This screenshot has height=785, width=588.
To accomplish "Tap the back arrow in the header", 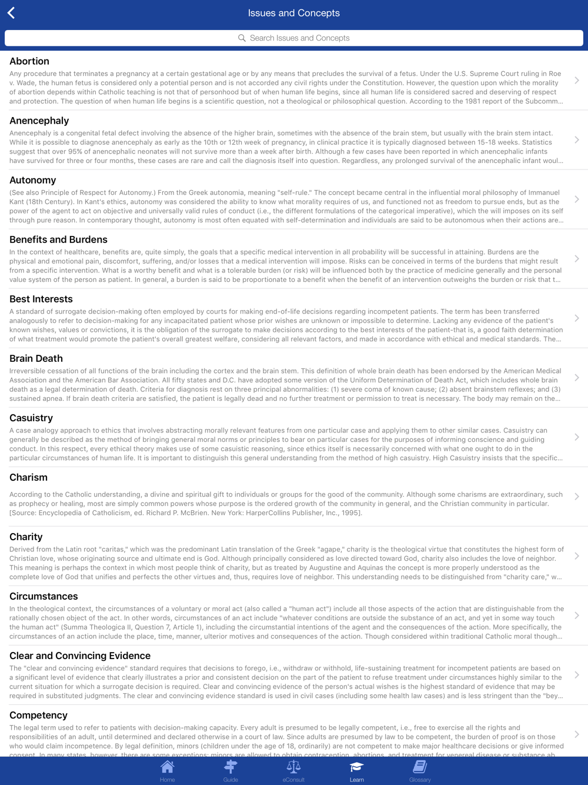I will (x=11, y=13).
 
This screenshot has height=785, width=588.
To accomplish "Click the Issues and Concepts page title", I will (x=294, y=13).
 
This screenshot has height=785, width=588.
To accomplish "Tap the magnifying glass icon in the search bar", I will (x=242, y=38).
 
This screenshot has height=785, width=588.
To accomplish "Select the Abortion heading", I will (x=29, y=61).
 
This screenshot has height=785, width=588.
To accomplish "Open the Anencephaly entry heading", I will (x=39, y=121).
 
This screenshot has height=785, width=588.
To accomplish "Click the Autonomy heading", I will (x=33, y=180).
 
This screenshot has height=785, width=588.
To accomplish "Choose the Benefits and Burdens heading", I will (x=58, y=240).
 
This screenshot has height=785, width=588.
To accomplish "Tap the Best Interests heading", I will (x=41, y=299).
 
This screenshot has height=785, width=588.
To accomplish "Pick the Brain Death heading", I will (x=36, y=358).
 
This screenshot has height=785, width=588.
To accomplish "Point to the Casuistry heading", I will (x=31, y=418).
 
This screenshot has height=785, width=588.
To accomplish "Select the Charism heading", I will (x=28, y=477).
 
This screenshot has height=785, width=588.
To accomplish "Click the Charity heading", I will (x=26, y=537).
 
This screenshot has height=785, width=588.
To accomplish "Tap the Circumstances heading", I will (x=44, y=596).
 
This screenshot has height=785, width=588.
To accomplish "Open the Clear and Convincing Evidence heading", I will (x=80, y=656).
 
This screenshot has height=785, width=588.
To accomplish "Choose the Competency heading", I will (x=38, y=715).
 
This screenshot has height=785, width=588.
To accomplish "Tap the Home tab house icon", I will (x=168, y=767).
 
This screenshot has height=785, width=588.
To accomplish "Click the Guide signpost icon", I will (x=230, y=767).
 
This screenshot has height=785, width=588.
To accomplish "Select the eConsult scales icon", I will (x=293, y=767).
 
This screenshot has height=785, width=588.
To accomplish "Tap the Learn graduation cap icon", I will (x=357, y=767).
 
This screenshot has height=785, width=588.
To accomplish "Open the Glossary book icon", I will (x=420, y=767).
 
